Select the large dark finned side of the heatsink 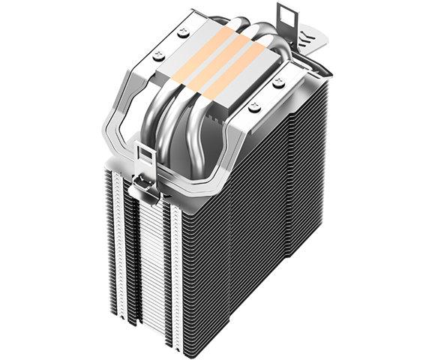coord(270,225)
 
